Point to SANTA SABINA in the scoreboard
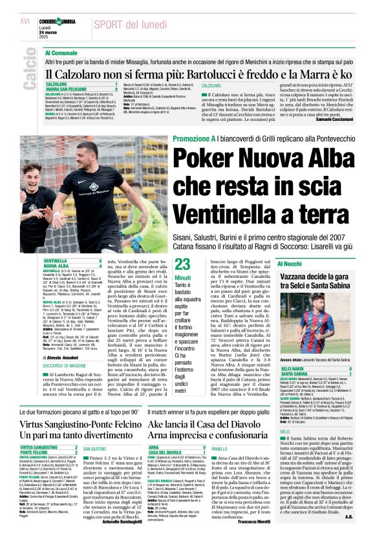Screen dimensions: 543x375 pyautogui.click(x=295, y=374)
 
